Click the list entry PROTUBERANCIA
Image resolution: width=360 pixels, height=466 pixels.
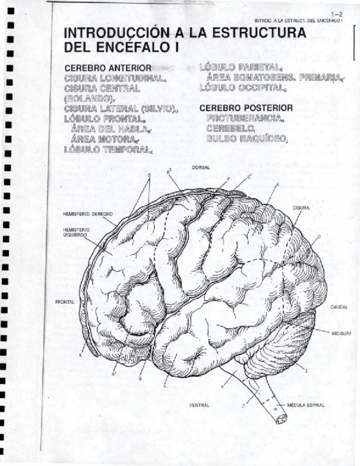pyautogui.click(x=246, y=118)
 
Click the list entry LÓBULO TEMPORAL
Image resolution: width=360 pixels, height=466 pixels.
pyautogui.click(x=108, y=148)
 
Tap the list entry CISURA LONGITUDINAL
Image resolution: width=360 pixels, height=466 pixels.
pyautogui.click(x=115, y=78)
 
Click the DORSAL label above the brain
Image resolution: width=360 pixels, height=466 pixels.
pyautogui.click(x=200, y=167)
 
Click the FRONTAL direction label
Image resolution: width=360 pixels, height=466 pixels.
pyautogui.click(x=65, y=302)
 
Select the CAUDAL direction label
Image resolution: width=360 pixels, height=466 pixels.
pyautogui.click(x=339, y=307)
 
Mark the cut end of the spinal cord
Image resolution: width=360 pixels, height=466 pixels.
pyautogui.click(x=282, y=419)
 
